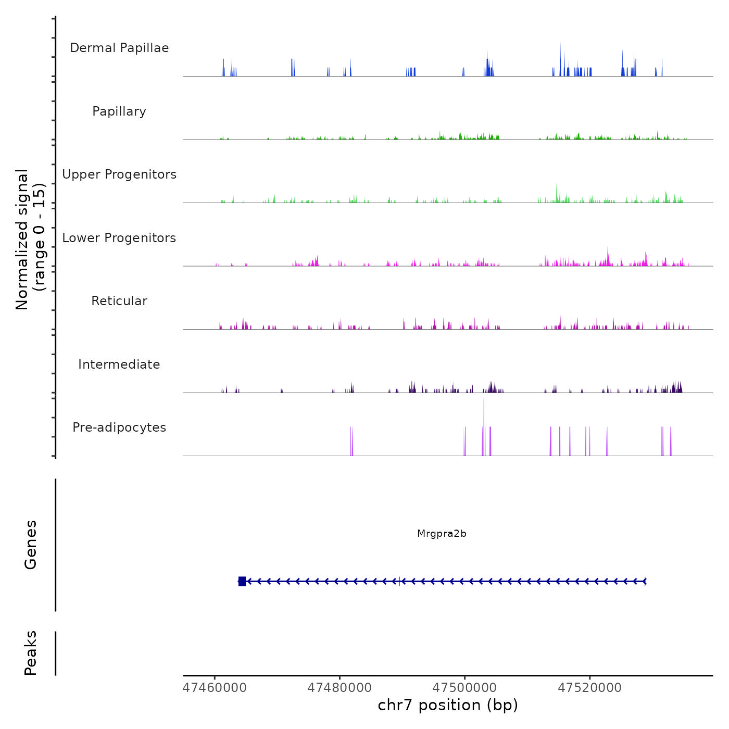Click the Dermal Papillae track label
point(119,48)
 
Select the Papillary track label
point(119,111)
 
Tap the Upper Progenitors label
point(119,174)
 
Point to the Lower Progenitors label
point(119,238)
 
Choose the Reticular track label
point(119,301)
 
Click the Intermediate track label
point(119,364)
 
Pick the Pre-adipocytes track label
point(119,428)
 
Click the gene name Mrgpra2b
point(442,534)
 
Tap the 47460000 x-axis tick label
point(215,688)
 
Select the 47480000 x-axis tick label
point(340,688)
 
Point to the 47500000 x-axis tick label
point(464,688)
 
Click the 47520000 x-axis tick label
point(589,688)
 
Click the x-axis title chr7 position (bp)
point(448,705)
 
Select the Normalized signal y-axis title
point(30,240)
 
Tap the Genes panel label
point(31,545)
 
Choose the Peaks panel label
point(31,653)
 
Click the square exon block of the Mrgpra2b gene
point(242,581)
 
